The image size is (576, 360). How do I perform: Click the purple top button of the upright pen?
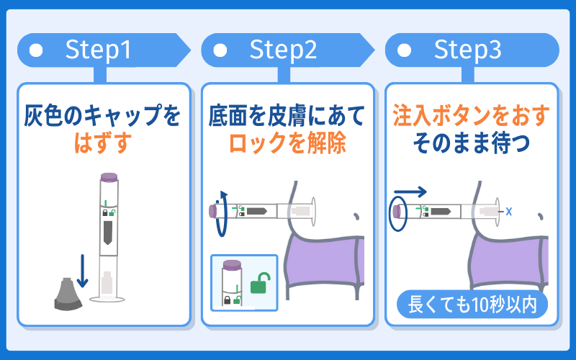coord(109,177)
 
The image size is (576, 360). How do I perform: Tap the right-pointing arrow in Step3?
coord(410,192)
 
